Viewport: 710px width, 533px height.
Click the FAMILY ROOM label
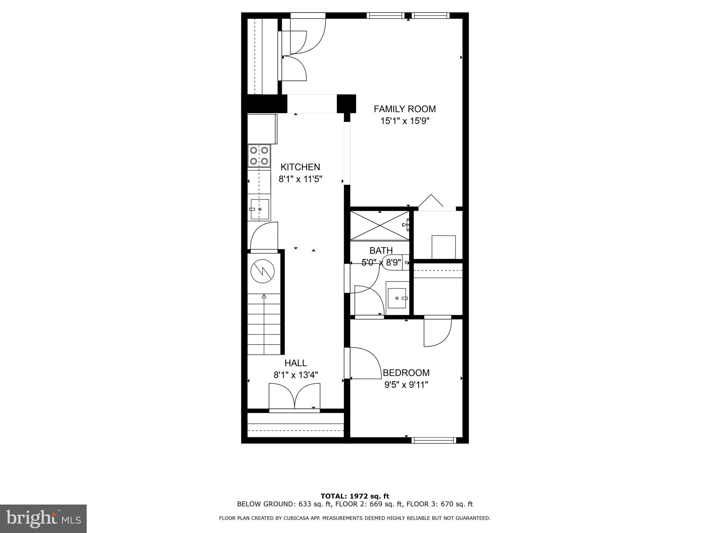(405, 109)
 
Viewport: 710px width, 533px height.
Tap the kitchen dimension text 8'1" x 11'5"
(301, 179)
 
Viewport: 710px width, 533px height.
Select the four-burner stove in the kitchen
(259, 156)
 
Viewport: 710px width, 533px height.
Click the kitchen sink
(260, 210)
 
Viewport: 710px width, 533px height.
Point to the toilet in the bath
(395, 263)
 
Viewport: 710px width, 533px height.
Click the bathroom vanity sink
(397, 298)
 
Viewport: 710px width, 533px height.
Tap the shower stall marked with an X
(380, 226)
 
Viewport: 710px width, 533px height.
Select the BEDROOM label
(406, 373)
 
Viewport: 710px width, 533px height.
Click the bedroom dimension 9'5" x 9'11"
(406, 385)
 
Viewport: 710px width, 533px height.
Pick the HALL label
(296, 363)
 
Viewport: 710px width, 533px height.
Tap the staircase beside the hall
(264, 324)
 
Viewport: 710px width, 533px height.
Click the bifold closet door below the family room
(431, 203)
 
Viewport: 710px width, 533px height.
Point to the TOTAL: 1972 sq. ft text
(355, 496)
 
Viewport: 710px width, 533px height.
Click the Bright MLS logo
(43, 519)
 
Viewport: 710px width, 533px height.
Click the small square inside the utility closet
(443, 247)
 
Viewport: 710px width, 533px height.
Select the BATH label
(381, 250)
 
